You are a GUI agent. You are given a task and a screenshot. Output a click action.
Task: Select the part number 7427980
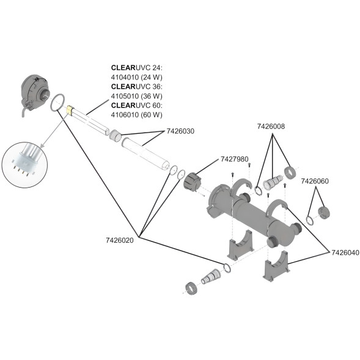point(235,159)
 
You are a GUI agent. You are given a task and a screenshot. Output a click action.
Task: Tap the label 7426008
point(271,127)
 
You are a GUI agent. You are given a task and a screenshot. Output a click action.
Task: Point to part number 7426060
point(315,181)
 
